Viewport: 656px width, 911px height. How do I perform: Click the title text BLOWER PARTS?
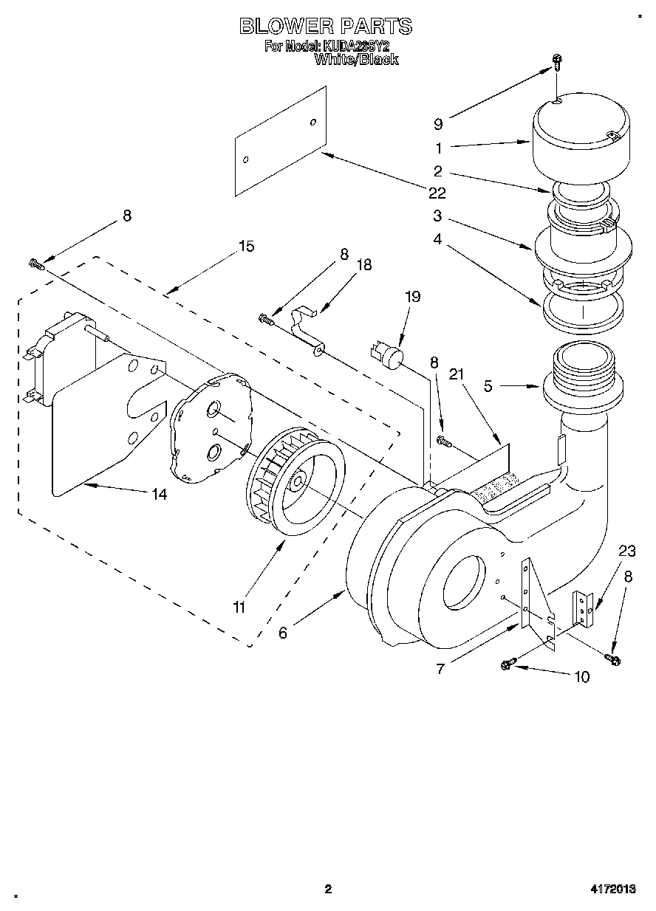pyautogui.click(x=326, y=27)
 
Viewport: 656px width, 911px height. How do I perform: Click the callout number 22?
pyautogui.click(x=437, y=193)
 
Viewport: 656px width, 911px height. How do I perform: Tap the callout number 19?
pyautogui.click(x=412, y=297)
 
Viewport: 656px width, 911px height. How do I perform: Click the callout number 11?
pyautogui.click(x=239, y=608)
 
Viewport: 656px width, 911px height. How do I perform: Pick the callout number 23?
pyautogui.click(x=626, y=550)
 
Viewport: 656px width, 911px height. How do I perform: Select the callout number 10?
pyautogui.click(x=582, y=676)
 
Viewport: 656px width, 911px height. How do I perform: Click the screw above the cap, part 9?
pyautogui.click(x=558, y=65)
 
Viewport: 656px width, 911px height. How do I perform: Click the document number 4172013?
pyautogui.click(x=612, y=889)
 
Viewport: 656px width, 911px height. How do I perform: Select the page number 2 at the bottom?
pyautogui.click(x=328, y=889)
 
